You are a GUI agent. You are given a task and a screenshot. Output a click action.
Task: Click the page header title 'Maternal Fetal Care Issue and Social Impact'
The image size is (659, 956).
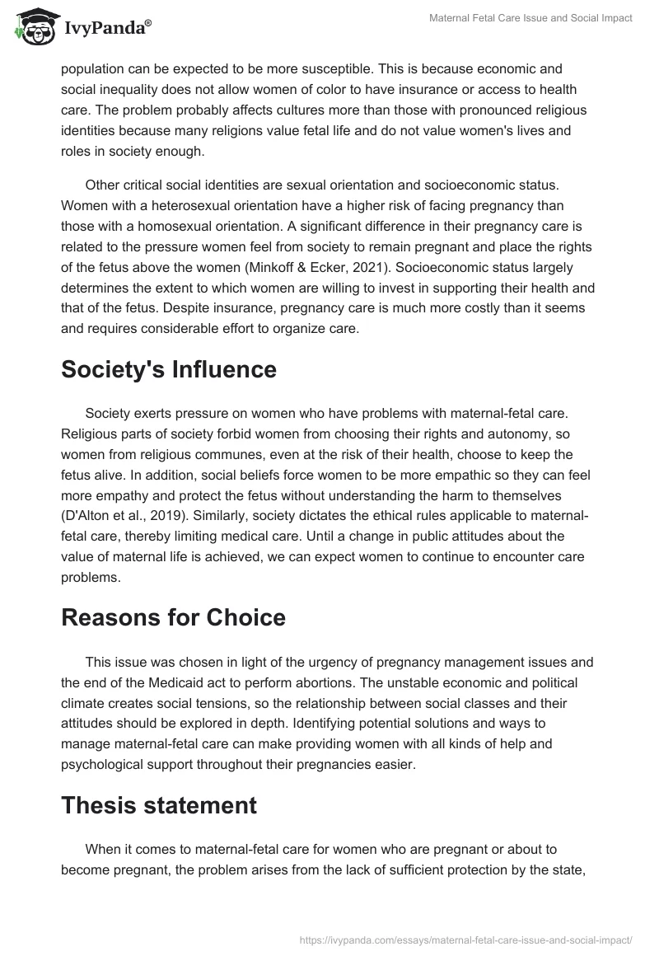[x=531, y=18]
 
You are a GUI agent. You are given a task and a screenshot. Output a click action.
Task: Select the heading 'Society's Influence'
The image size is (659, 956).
[x=169, y=370]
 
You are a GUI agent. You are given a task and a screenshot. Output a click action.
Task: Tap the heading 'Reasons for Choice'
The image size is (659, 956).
[x=173, y=618]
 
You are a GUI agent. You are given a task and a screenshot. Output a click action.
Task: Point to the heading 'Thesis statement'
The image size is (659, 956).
[x=159, y=805]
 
